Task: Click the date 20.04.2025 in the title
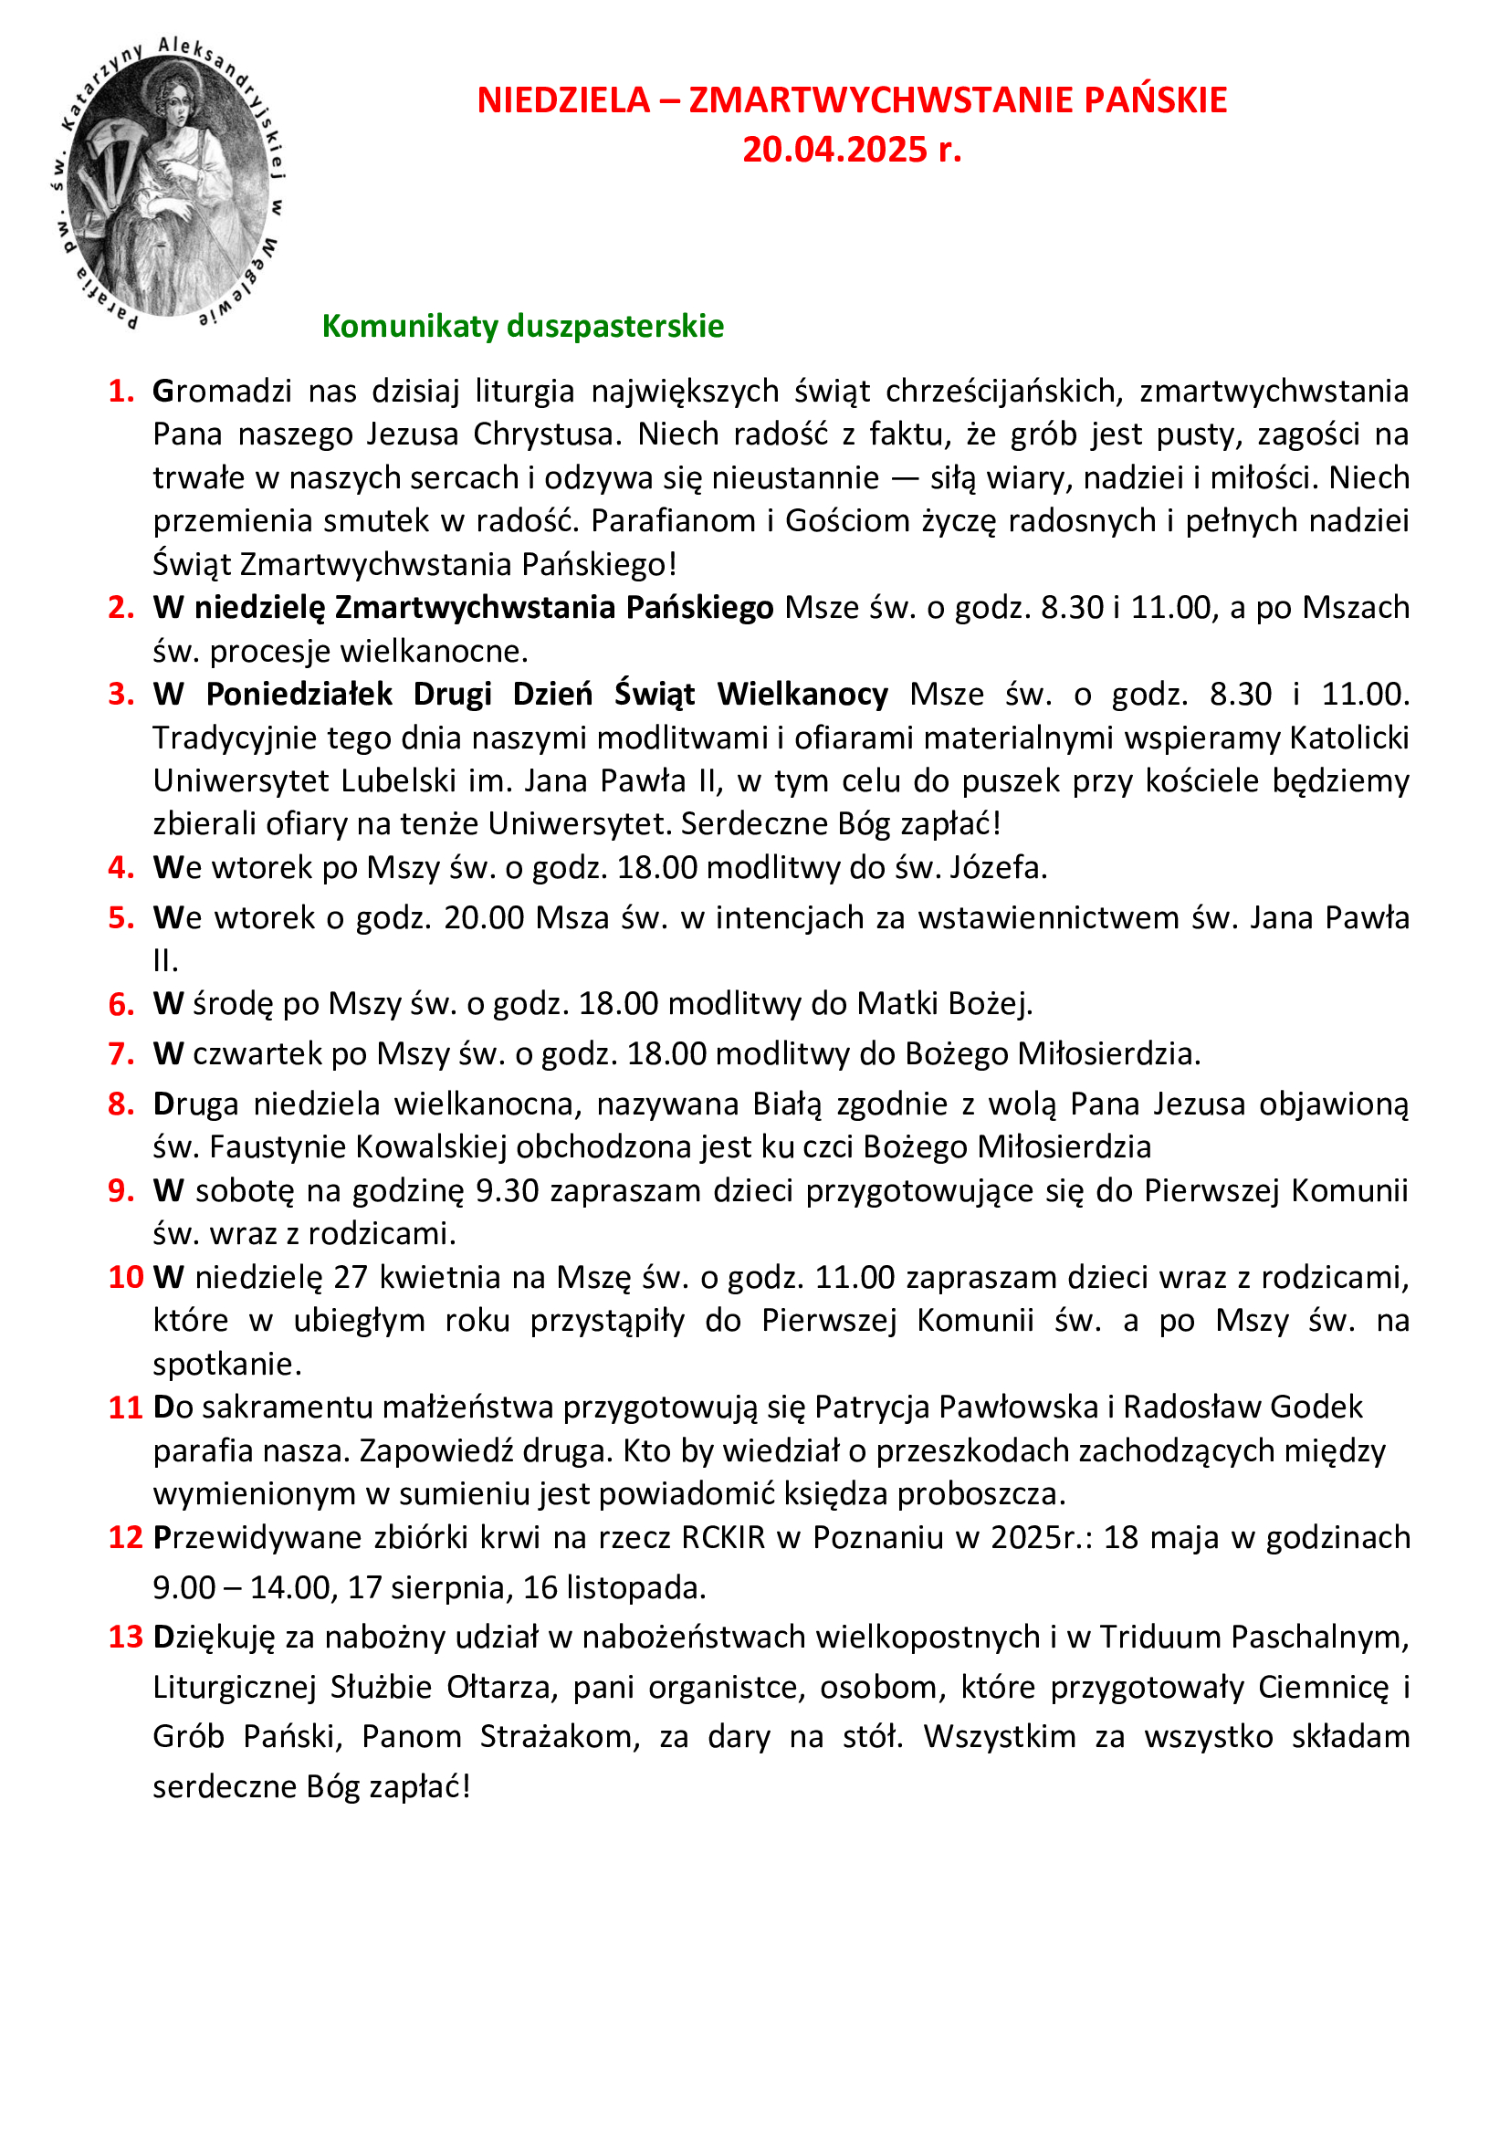pos(834,150)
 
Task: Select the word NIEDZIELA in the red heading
pos(563,100)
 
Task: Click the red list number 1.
pos(121,392)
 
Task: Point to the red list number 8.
pos(121,1104)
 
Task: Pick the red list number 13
pos(125,1637)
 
